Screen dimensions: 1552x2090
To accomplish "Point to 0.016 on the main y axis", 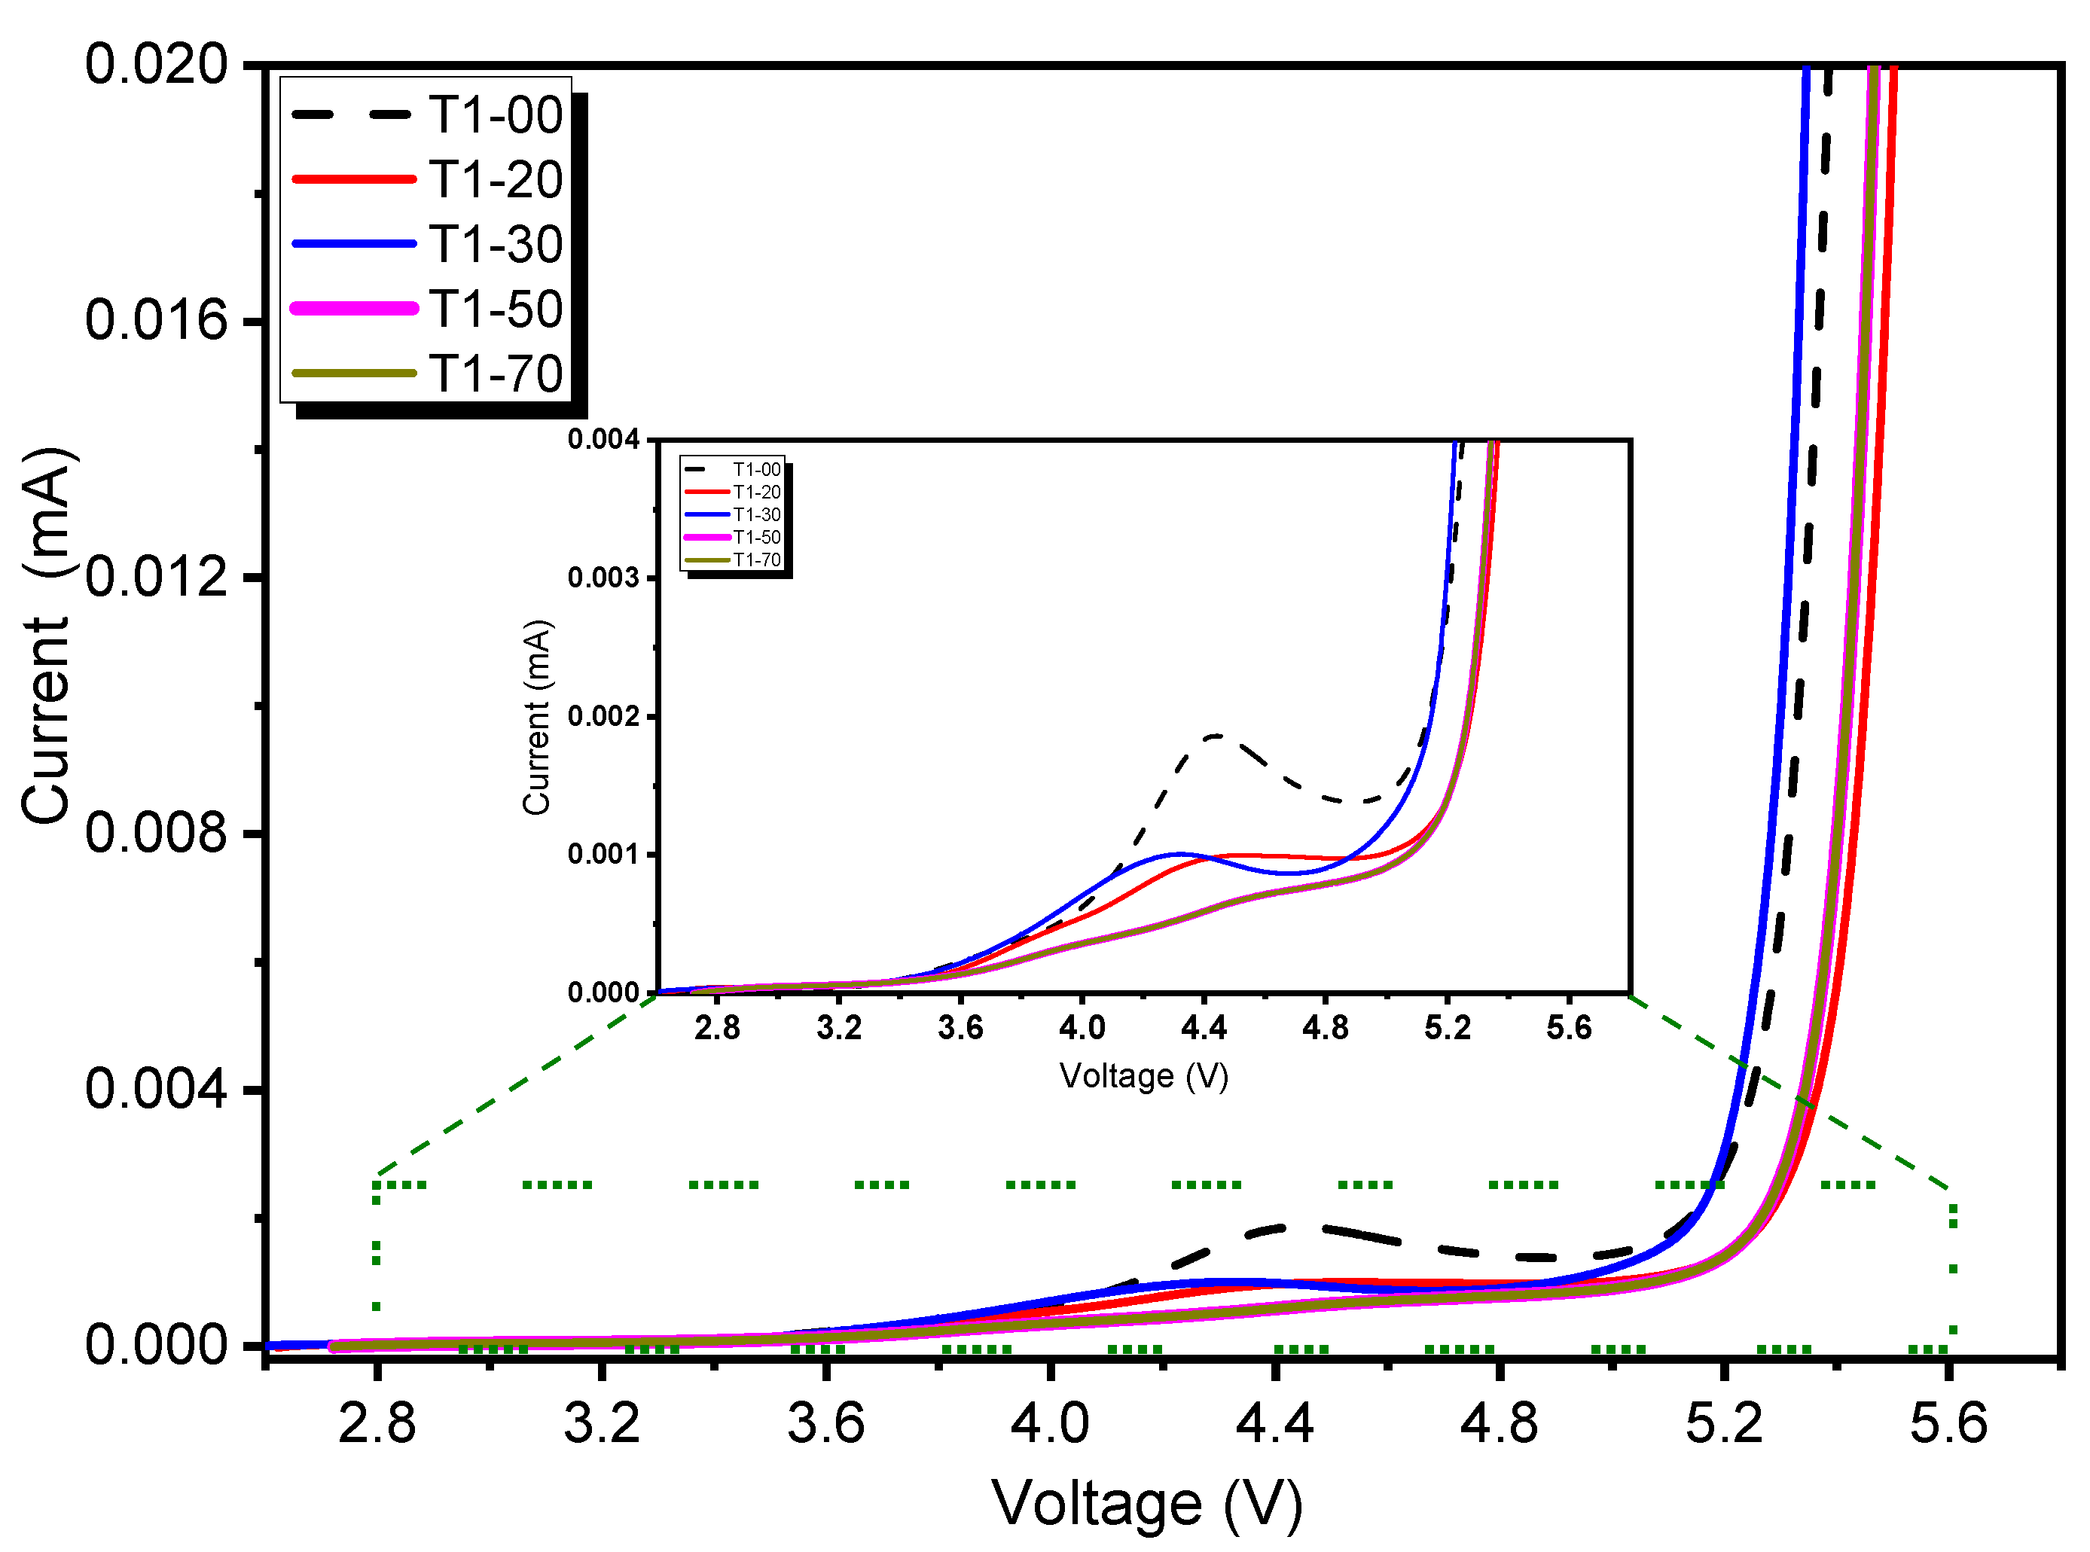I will (x=156, y=320).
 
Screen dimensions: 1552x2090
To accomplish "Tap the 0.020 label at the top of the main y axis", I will (x=156, y=65).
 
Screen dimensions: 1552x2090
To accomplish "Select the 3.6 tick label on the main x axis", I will (x=825, y=1423).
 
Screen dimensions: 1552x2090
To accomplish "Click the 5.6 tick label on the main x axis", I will (x=1948, y=1423).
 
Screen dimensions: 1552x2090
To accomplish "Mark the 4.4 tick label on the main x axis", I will (x=1274, y=1423).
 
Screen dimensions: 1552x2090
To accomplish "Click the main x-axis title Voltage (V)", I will (x=1146, y=1504).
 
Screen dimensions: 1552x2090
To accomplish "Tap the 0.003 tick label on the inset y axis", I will (x=603, y=578).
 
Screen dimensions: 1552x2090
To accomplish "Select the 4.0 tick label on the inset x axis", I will (x=1082, y=1028).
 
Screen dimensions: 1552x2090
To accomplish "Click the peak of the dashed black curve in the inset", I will (x=1216, y=736).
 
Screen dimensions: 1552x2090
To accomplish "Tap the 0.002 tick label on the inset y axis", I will (x=603, y=716).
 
